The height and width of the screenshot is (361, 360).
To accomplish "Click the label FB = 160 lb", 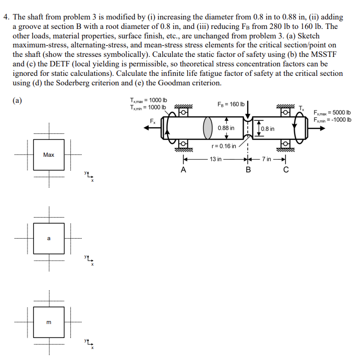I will [231, 104].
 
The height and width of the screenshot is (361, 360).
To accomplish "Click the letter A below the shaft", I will [184, 169].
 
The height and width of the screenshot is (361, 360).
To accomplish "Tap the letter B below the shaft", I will [248, 169].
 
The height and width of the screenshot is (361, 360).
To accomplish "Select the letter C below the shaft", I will [285, 169].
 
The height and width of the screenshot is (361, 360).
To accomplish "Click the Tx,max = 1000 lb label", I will [148, 100].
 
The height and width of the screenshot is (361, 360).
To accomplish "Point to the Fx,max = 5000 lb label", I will [332, 112].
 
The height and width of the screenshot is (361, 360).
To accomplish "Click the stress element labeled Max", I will [49, 155].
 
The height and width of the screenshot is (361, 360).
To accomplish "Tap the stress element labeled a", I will [49, 239].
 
